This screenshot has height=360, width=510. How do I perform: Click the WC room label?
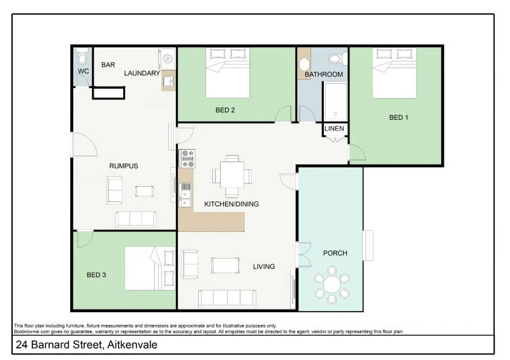pos(83,71)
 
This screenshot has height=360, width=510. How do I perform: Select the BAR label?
pos(108,65)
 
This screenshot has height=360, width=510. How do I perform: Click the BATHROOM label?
pos(323,75)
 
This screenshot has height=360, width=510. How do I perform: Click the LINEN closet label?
pos(334,129)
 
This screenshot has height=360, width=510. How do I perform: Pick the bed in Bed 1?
pos(395,73)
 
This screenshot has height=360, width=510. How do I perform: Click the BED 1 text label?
pos(398,117)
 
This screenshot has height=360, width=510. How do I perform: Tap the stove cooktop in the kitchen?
pos(187,157)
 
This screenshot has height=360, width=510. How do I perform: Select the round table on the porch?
pos(331,286)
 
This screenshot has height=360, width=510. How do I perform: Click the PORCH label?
pos(335,253)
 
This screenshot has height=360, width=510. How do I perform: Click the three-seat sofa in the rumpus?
pos(136,219)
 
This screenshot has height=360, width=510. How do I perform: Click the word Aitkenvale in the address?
pos(128,345)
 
